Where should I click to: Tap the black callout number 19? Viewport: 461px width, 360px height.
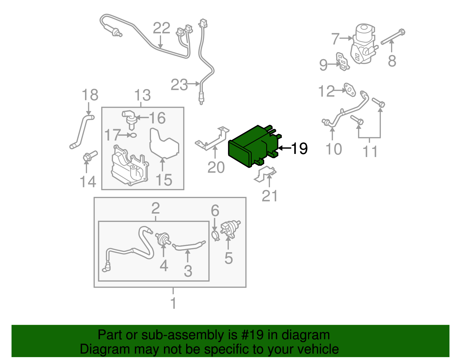pyautogui.click(x=299, y=148)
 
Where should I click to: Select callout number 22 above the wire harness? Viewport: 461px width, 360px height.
pyautogui.click(x=161, y=28)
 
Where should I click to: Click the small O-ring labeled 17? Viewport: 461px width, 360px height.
pyautogui.click(x=133, y=135)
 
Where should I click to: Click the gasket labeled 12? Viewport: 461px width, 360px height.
pyautogui.click(x=350, y=90)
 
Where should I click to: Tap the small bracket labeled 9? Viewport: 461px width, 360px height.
pyautogui.click(x=343, y=61)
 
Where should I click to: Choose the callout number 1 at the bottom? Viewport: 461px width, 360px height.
pyautogui.click(x=173, y=303)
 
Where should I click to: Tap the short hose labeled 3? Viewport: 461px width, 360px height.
pyautogui.click(x=189, y=246)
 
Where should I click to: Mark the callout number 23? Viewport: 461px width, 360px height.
pyautogui.click(x=179, y=85)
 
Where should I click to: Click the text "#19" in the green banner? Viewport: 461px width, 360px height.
pyautogui.click(x=251, y=335)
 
